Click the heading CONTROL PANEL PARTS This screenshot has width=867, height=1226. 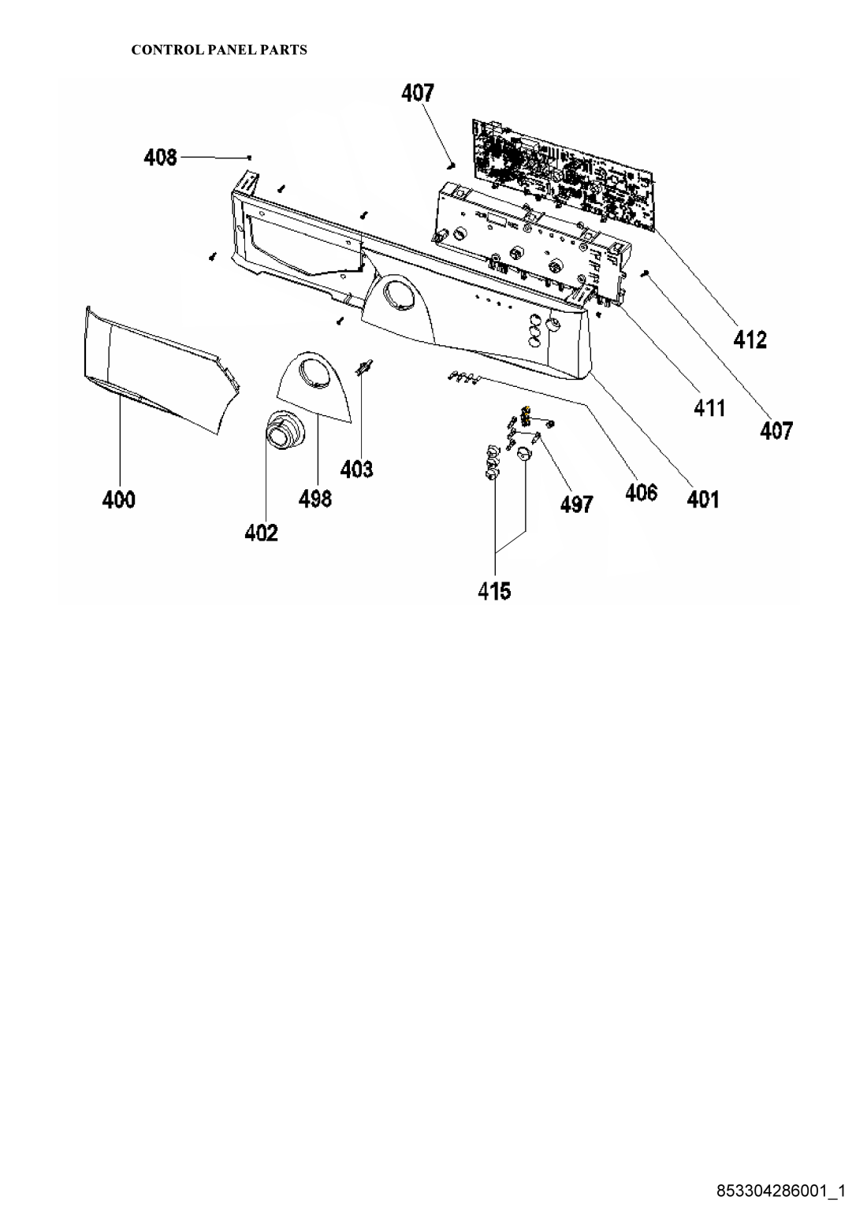point(219,50)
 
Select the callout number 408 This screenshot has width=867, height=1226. point(160,158)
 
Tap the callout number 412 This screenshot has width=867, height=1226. point(750,340)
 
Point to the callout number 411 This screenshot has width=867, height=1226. point(709,408)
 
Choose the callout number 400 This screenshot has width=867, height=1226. point(119,500)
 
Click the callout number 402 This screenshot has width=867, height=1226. point(261,533)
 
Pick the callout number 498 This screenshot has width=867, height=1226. point(315,498)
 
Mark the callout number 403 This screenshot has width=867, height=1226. point(356,469)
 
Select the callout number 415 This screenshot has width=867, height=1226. point(494,591)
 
